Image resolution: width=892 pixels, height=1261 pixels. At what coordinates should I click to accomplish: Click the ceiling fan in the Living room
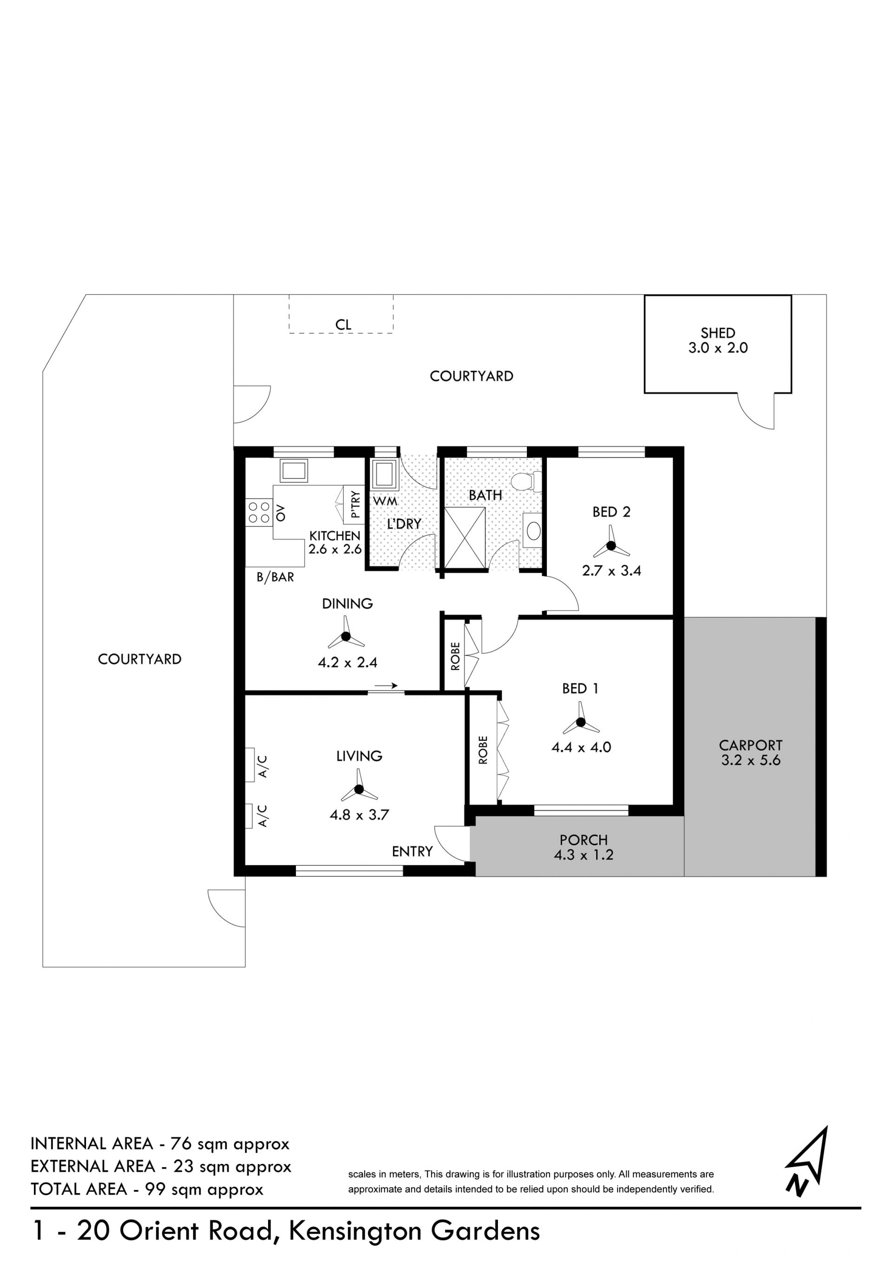pyautogui.click(x=359, y=789)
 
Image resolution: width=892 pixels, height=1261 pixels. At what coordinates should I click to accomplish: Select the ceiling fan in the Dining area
pyautogui.click(x=346, y=637)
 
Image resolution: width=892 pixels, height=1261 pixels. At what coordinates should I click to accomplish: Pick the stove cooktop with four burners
pyautogui.click(x=259, y=512)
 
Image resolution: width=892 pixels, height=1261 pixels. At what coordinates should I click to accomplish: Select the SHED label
pyautogui.click(x=717, y=333)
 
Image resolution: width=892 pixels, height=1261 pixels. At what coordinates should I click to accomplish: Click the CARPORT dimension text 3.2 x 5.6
pyautogui.click(x=750, y=760)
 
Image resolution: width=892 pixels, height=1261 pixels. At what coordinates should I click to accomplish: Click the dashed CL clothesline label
pyautogui.click(x=343, y=325)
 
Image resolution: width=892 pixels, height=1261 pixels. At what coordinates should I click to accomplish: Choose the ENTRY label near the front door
pyautogui.click(x=412, y=851)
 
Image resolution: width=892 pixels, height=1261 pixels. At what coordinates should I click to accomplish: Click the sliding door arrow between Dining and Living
pyautogui.click(x=386, y=686)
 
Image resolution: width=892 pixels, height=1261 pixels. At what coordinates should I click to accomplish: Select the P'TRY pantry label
pyautogui.click(x=355, y=504)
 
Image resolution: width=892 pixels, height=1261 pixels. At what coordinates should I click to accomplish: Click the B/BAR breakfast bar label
pyautogui.click(x=275, y=577)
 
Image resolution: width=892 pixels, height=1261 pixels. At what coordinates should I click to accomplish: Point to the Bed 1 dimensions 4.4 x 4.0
pyautogui.click(x=581, y=747)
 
